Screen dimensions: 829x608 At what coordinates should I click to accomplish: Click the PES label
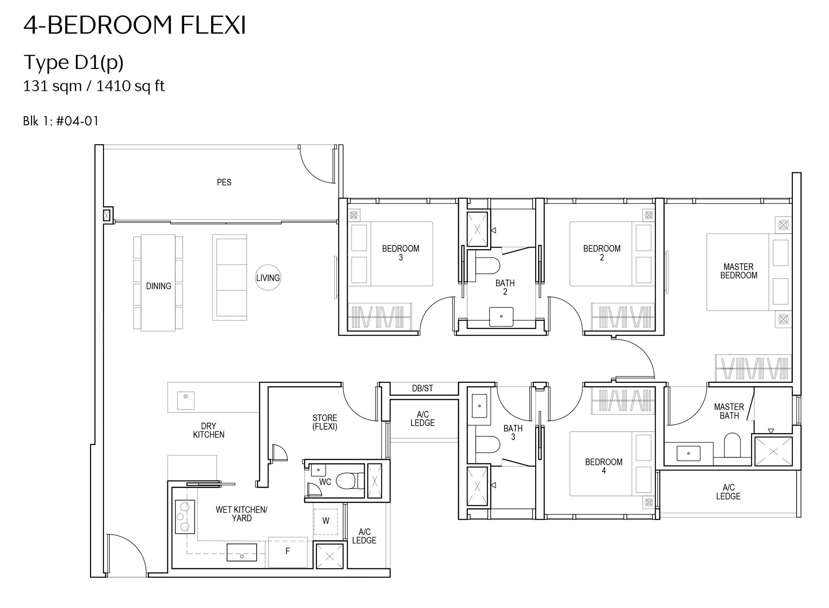tap(224, 182)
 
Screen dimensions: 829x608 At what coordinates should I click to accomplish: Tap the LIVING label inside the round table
tap(268, 278)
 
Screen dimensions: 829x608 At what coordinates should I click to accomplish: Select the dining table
tap(158, 283)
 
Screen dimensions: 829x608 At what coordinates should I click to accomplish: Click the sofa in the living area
tap(230, 277)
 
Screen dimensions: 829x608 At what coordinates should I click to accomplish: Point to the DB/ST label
tap(422, 388)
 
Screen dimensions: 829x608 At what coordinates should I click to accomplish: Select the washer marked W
tap(326, 521)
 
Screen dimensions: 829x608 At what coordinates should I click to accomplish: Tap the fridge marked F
tap(288, 552)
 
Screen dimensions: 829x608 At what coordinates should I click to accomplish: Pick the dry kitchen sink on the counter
tap(186, 400)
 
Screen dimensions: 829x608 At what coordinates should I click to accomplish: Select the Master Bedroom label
tap(739, 271)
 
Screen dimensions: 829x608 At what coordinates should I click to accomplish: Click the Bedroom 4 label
tap(604, 466)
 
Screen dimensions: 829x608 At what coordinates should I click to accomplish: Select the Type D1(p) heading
tap(74, 63)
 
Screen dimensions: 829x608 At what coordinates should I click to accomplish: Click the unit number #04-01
tap(77, 121)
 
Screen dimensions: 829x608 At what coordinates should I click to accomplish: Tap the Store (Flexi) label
tap(325, 422)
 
